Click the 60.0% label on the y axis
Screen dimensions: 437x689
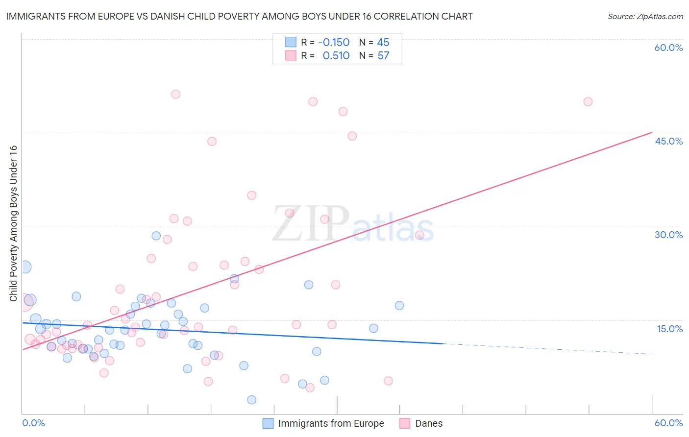pyautogui.click(x=668, y=48)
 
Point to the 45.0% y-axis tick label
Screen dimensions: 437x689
pyautogui.click(x=668, y=141)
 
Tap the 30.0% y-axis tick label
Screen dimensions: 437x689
pyautogui.click(x=668, y=235)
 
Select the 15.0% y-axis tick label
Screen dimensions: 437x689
pyautogui.click(x=669, y=329)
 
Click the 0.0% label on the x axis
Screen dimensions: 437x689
pyautogui.click(x=33, y=423)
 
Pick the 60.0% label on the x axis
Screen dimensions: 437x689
pyautogui.click(x=668, y=423)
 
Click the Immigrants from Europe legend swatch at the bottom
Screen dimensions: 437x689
pyautogui.click(x=268, y=423)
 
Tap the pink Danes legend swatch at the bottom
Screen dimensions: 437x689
pyautogui.click(x=404, y=423)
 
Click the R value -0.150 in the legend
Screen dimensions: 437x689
pyautogui.click(x=334, y=42)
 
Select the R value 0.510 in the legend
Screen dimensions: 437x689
pyautogui.click(x=336, y=56)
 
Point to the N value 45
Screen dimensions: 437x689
pyautogui.click(x=383, y=42)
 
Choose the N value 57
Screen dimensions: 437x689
pyautogui.click(x=383, y=56)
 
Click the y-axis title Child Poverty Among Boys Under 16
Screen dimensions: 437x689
pyautogui.click(x=14, y=223)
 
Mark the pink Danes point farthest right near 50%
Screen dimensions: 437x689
pyautogui.click(x=588, y=102)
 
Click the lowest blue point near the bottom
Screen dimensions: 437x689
pyautogui.click(x=251, y=400)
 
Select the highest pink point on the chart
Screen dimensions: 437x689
pyautogui.click(x=175, y=94)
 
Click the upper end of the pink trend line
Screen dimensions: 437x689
pyautogui.click(x=651, y=132)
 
